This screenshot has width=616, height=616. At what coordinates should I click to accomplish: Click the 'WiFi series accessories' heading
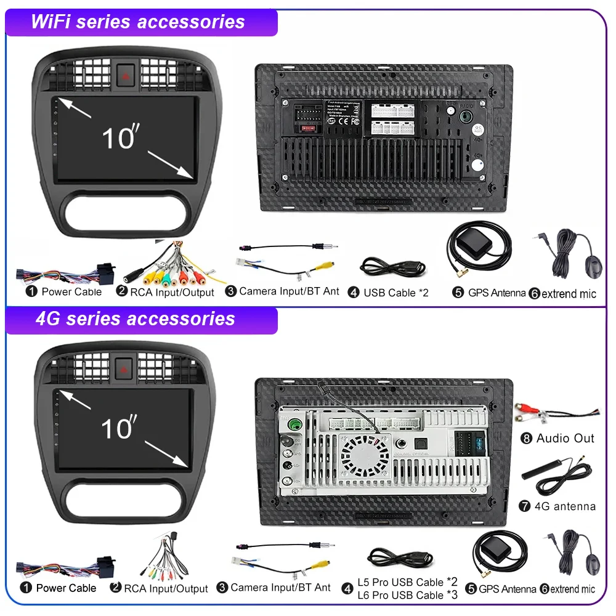click(138, 22)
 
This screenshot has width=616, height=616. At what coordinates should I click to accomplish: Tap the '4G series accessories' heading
click(136, 319)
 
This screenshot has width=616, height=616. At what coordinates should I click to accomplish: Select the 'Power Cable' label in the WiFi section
click(71, 291)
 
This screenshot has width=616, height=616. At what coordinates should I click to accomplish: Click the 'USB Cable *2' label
click(395, 293)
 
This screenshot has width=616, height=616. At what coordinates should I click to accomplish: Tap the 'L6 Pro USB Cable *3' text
click(408, 595)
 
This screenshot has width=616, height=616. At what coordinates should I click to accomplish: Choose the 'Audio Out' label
click(565, 438)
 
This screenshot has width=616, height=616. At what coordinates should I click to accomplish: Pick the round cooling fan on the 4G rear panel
click(366, 456)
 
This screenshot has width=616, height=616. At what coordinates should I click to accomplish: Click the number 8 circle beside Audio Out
click(526, 439)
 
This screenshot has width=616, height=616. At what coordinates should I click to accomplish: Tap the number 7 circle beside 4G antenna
click(525, 506)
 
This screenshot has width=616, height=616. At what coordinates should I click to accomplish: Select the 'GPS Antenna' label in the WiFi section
click(496, 293)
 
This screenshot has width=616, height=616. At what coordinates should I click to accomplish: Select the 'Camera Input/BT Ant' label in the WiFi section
click(288, 291)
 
